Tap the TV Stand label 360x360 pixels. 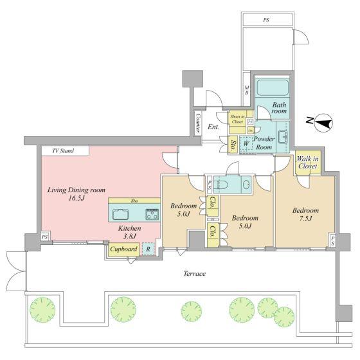click(x=63, y=151)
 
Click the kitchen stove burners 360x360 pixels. click(x=152, y=214)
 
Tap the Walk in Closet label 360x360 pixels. click(x=306, y=164)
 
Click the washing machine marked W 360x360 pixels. click(x=246, y=144)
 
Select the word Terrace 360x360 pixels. click(x=194, y=274)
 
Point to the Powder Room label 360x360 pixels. click(x=264, y=142)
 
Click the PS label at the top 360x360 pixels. click(x=265, y=20)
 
